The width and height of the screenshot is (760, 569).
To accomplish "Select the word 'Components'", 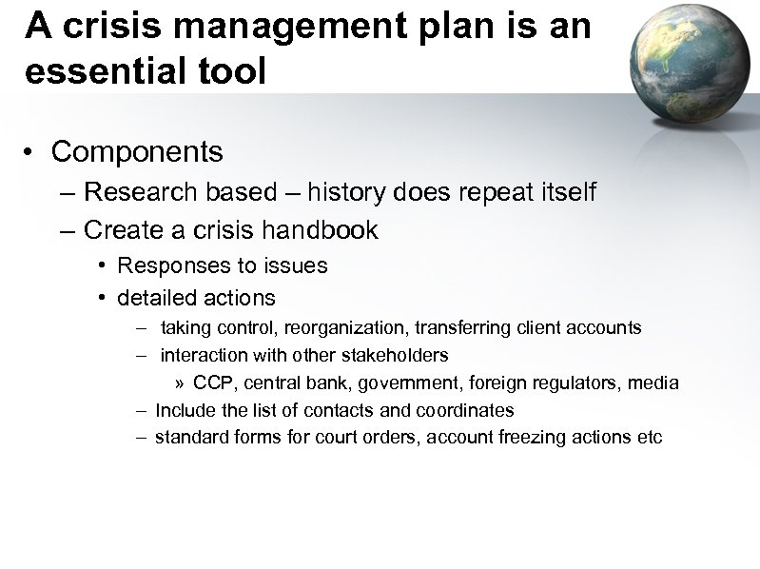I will (x=137, y=151).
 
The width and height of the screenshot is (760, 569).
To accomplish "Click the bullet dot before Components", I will (x=31, y=152).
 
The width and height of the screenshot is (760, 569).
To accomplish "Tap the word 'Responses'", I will (x=172, y=266).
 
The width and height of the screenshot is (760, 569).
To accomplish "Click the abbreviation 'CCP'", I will (x=211, y=383).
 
